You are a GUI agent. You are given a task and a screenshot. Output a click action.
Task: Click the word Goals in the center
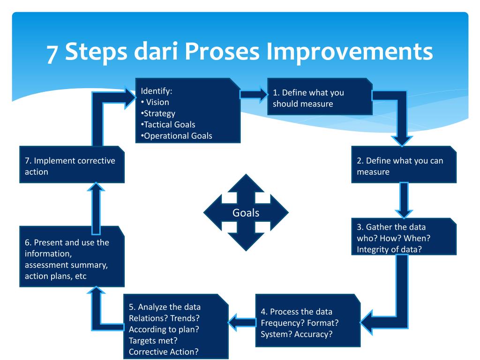pos(246,213)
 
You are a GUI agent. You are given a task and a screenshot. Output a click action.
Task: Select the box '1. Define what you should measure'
pos(320,98)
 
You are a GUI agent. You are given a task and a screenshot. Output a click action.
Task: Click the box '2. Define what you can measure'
pos(404,166)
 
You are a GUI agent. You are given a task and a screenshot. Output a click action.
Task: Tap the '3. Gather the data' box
pos(404,238)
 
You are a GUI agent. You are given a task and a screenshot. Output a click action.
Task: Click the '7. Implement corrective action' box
pos(72,165)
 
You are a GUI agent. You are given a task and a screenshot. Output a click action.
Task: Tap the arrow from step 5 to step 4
pos(241,321)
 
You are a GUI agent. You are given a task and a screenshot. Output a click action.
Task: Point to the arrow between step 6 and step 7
pos(95,206)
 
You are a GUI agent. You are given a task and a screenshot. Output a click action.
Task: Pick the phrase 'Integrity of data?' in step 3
pos(389,249)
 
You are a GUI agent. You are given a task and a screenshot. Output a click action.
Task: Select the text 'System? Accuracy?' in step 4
pos(297,334)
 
